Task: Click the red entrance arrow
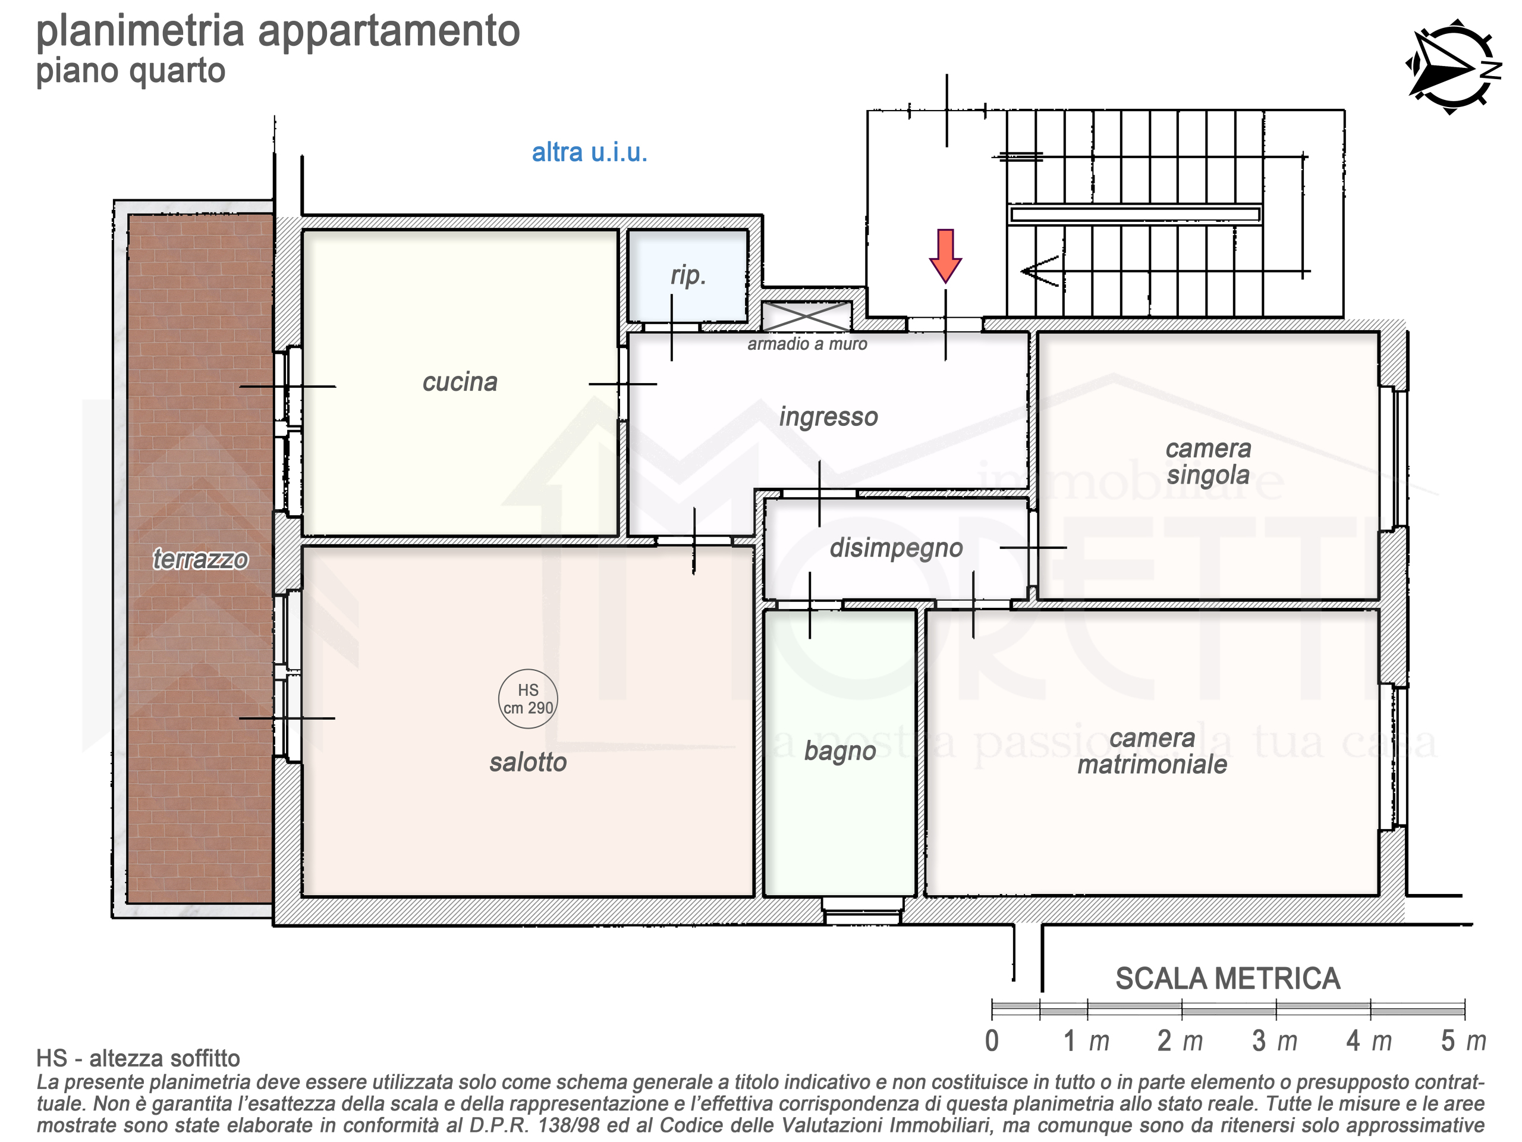point(945,255)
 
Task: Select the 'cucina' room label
point(460,382)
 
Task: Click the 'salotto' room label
point(528,762)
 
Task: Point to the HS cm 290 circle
point(528,699)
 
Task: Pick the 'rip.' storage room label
point(688,275)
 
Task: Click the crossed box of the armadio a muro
point(806,316)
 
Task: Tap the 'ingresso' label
point(828,417)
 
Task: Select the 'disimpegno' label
point(896,548)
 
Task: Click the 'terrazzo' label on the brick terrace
point(200,560)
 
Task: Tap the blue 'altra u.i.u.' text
point(590,152)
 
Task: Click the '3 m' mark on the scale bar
point(1274,1041)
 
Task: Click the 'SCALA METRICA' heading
point(1228,979)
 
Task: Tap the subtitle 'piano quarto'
point(131,71)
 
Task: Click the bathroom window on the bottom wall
point(863,910)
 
